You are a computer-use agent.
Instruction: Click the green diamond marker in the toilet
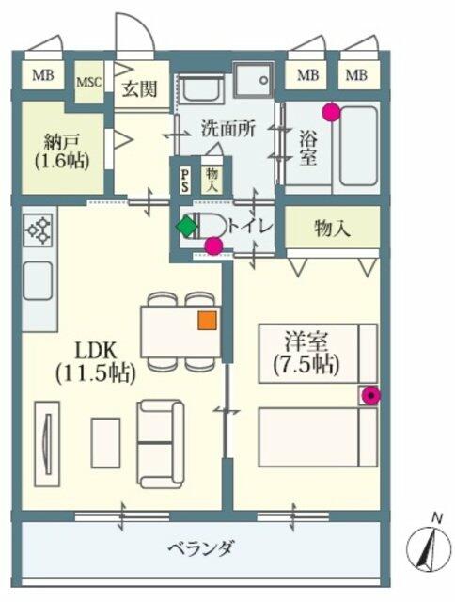[x=186, y=227]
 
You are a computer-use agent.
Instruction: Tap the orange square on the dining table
[x=207, y=320]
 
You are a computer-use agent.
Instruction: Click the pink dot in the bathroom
[x=331, y=112]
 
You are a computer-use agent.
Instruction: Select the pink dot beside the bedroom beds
[x=370, y=395]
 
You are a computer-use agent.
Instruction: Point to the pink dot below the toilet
[x=213, y=246]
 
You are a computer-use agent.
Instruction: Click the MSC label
[x=88, y=82]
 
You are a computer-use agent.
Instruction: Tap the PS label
[x=185, y=181]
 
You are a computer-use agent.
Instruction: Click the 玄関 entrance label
[x=140, y=89]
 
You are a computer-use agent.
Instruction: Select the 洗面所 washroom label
[x=228, y=129]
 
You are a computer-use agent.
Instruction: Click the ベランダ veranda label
[x=200, y=547]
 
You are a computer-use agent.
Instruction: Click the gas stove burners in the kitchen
[x=38, y=230]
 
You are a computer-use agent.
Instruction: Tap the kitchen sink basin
[x=38, y=280]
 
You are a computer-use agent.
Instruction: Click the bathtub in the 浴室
[x=358, y=147]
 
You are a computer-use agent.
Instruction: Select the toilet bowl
[x=209, y=227]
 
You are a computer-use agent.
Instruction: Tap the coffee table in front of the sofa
[x=105, y=443]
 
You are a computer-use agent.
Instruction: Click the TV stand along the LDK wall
[x=47, y=444]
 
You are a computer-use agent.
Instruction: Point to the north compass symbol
[x=429, y=548]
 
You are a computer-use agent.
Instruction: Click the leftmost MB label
[x=43, y=75]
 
